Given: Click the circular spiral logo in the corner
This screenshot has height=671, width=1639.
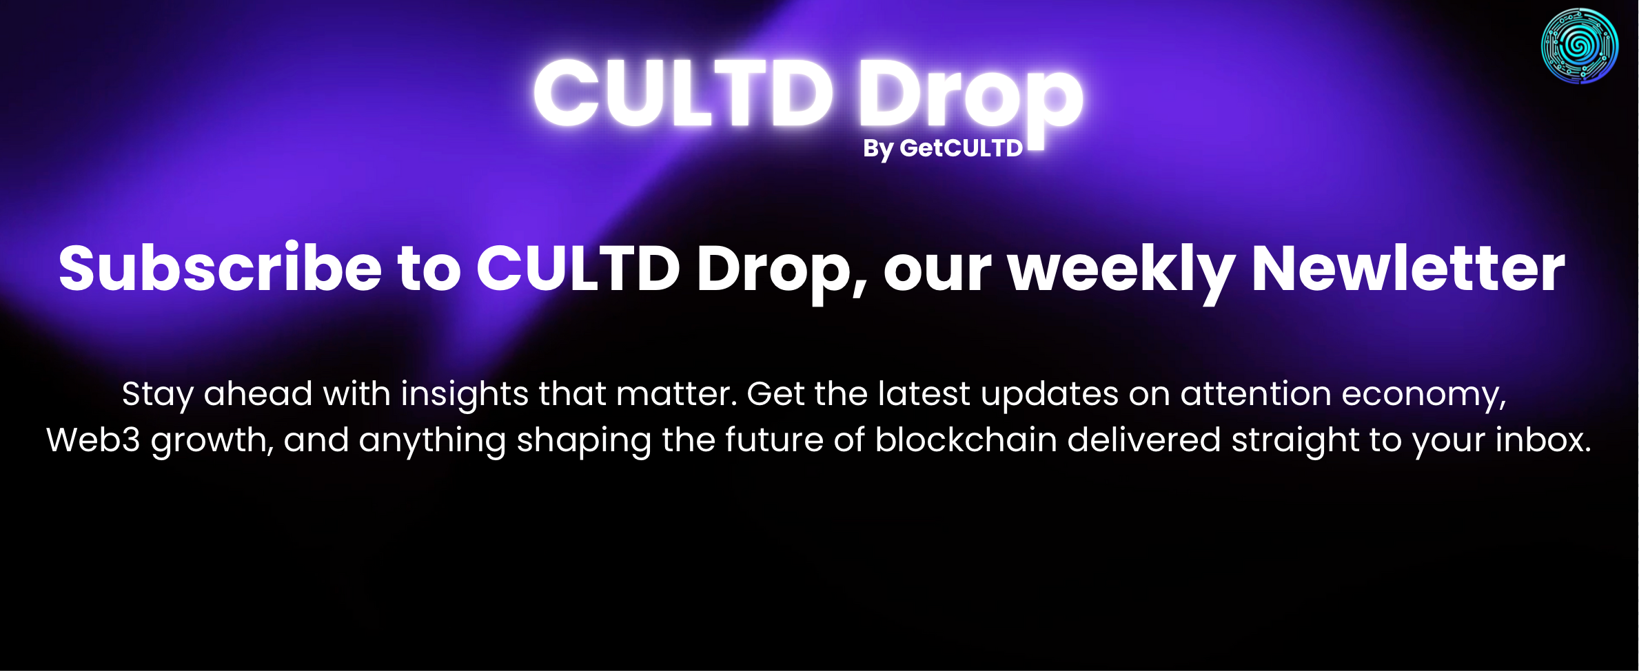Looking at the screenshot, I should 1579,46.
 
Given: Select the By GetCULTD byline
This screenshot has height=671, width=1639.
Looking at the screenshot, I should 943,148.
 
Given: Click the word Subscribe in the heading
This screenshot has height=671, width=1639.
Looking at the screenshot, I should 220,269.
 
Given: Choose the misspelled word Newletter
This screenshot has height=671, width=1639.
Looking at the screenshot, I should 1408,269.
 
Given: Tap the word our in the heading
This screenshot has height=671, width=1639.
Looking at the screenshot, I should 937,271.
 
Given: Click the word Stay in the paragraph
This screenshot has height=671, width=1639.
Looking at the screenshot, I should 157,395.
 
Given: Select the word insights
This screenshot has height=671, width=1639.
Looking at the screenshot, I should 465,395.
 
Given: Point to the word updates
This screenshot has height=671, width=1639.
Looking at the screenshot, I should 1050,395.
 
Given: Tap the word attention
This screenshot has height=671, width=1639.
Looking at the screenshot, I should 1256,394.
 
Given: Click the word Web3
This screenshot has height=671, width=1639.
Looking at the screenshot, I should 93,440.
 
